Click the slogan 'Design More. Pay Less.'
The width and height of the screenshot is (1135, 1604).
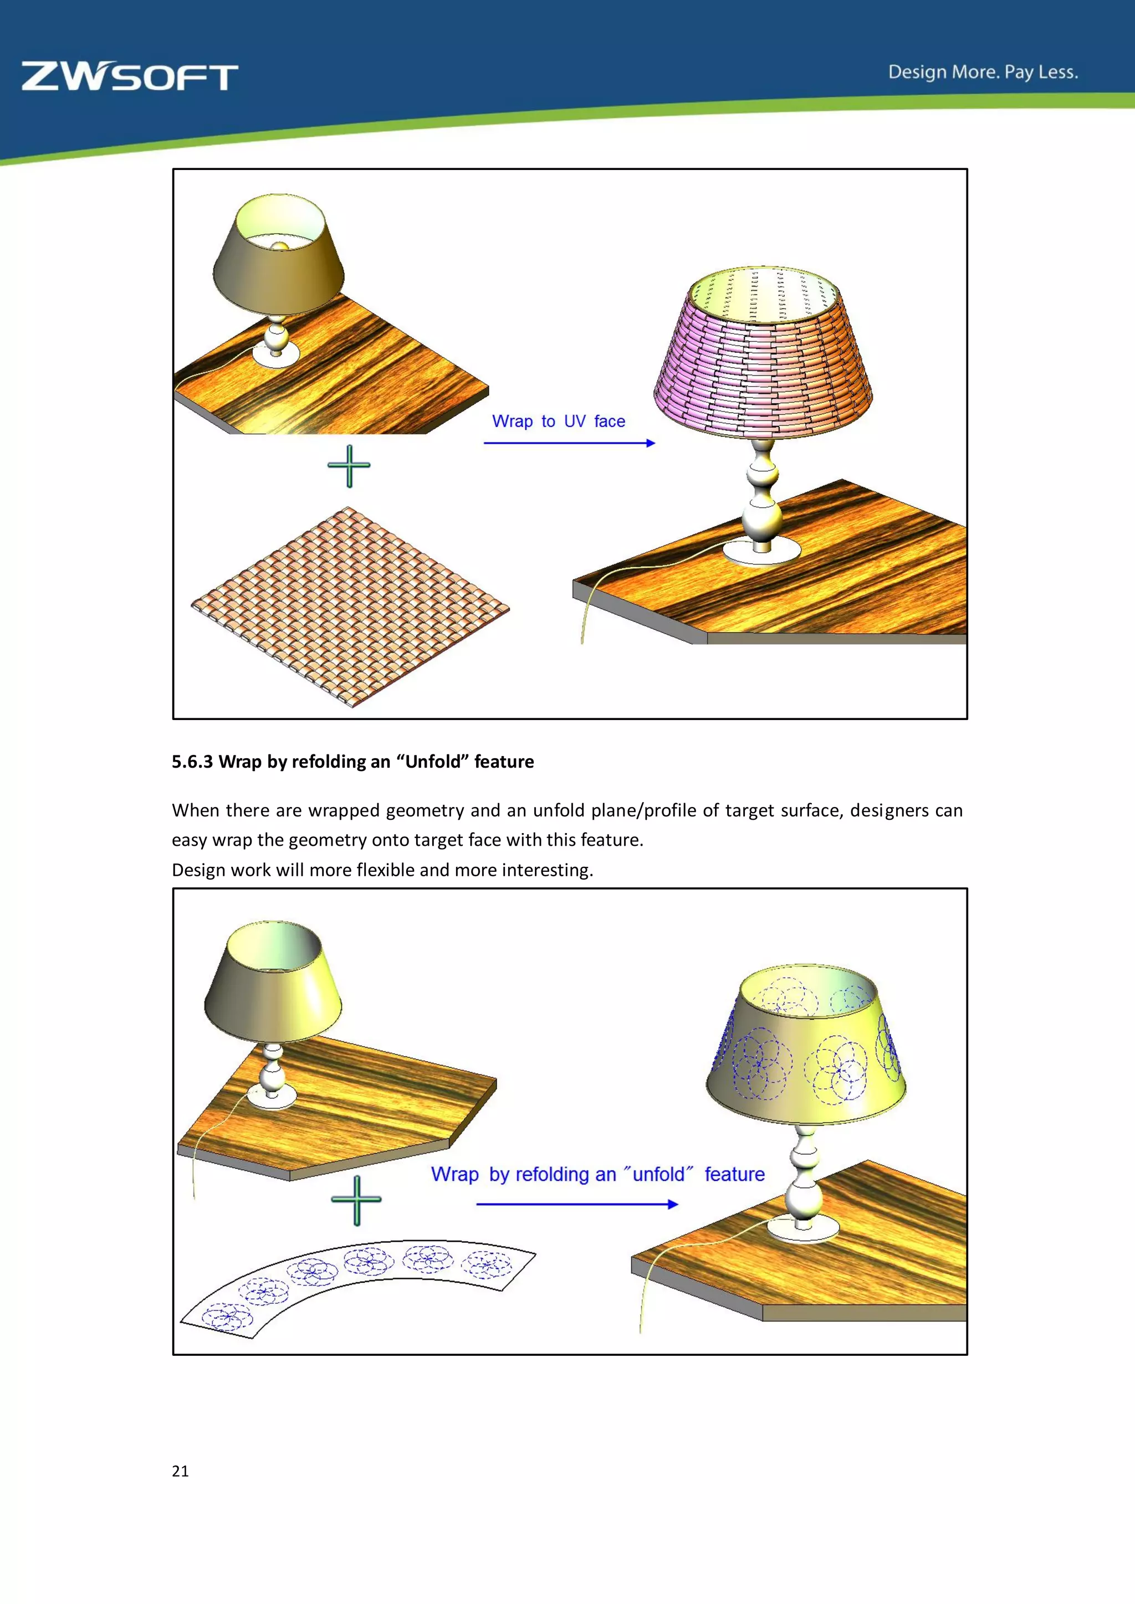pos(983,73)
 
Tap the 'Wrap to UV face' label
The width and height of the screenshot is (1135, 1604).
pos(559,421)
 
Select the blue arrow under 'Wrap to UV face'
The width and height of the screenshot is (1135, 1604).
pos(569,443)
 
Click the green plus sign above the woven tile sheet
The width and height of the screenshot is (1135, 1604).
pos(349,466)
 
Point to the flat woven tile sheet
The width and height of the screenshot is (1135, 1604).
pos(350,606)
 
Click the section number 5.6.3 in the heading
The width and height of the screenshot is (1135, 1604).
pos(192,762)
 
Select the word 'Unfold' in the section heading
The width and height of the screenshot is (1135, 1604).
pos(433,762)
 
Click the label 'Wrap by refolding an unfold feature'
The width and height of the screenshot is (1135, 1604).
pos(597,1174)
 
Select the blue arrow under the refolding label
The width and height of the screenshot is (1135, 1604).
pos(576,1204)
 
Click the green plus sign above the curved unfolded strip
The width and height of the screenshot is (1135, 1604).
pos(356,1200)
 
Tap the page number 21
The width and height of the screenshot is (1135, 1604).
pos(180,1471)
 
